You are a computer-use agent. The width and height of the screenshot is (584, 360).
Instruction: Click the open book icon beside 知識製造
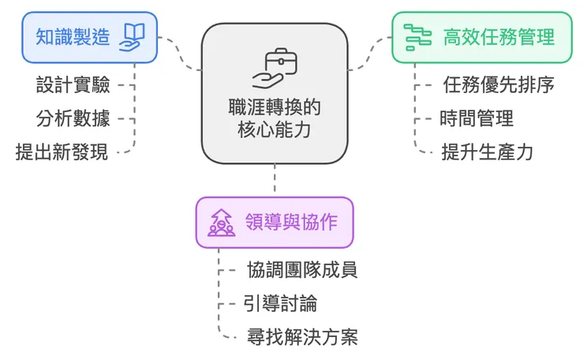click(x=132, y=36)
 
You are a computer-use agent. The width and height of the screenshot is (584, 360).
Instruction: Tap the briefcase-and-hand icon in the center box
click(x=274, y=69)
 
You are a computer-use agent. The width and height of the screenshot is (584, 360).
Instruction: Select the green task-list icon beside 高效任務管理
click(x=417, y=36)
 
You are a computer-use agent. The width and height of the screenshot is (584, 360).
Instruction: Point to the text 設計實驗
click(x=73, y=84)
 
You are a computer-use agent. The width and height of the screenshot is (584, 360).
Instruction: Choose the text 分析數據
click(x=73, y=118)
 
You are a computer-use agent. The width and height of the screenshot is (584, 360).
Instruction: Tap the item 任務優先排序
click(x=499, y=84)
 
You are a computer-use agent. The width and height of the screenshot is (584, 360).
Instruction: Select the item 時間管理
click(x=477, y=118)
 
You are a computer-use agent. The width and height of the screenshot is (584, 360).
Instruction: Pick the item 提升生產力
click(x=487, y=152)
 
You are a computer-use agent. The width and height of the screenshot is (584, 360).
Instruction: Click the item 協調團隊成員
click(x=302, y=269)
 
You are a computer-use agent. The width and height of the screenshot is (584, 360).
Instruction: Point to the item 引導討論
click(x=280, y=303)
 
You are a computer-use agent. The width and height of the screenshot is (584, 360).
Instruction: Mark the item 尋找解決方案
click(x=302, y=338)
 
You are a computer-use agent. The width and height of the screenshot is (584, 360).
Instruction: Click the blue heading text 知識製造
click(x=73, y=36)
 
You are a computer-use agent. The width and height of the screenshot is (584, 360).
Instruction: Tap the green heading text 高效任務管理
click(x=498, y=36)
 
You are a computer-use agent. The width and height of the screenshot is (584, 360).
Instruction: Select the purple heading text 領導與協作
click(x=292, y=222)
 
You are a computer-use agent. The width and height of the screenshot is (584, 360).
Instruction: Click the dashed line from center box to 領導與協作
click(x=274, y=179)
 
